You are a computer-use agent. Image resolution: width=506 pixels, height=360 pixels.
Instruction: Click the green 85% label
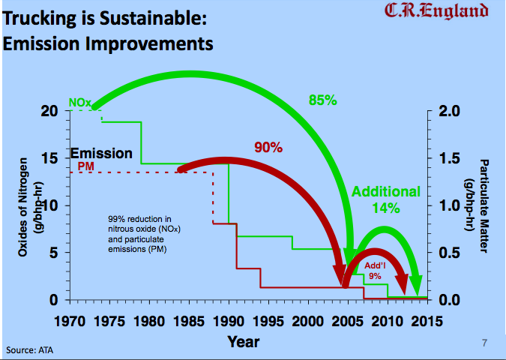(x=322, y=98)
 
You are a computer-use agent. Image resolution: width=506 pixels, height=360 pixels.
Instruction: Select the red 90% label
(x=268, y=148)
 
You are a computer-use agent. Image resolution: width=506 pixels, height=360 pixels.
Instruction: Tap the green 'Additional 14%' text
(x=387, y=199)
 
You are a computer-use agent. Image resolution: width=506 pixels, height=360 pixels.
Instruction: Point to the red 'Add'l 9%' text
(x=375, y=271)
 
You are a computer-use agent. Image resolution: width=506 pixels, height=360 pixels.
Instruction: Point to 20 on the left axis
(x=50, y=111)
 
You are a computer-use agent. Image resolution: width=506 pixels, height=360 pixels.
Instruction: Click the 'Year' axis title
(x=244, y=341)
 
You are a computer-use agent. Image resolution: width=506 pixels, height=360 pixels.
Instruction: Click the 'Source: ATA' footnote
(x=29, y=349)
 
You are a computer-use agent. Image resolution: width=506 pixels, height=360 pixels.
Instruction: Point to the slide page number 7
(x=485, y=343)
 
